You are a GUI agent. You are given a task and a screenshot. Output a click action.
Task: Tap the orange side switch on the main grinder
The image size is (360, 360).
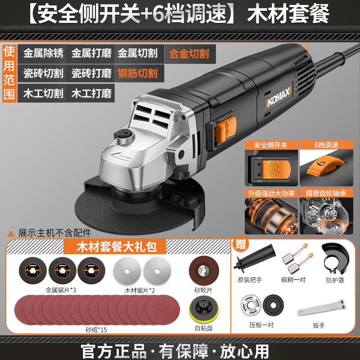(225, 130)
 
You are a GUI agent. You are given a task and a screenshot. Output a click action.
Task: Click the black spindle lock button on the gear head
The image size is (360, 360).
(124, 134)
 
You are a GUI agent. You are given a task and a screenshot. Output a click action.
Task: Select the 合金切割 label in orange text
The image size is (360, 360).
(189, 54)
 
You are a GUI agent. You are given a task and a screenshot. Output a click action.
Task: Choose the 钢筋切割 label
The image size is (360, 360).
(138, 73)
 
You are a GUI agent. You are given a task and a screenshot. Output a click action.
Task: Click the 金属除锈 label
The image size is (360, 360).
(43, 53)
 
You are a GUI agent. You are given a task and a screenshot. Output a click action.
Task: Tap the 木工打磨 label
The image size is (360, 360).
(91, 94)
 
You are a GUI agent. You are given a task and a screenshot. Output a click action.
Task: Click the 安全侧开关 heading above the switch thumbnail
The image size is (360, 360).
(271, 145)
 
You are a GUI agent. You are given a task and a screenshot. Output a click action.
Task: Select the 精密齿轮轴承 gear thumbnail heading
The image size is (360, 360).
(326, 193)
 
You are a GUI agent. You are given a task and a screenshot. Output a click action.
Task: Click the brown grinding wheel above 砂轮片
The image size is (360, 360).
(204, 271)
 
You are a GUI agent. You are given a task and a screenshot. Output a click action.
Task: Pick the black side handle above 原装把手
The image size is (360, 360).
(254, 258)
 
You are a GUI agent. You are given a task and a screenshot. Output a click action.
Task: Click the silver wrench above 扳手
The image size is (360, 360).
(321, 307)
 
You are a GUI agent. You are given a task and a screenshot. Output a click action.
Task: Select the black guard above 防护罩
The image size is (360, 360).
(335, 258)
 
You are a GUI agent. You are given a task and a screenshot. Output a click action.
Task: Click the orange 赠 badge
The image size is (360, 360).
(240, 244)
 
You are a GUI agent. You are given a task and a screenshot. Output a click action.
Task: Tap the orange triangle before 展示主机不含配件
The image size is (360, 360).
(11, 234)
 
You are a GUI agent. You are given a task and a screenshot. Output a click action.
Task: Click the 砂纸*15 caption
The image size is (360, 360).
(96, 330)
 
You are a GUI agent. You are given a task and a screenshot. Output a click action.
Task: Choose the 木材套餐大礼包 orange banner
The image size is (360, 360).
(115, 247)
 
